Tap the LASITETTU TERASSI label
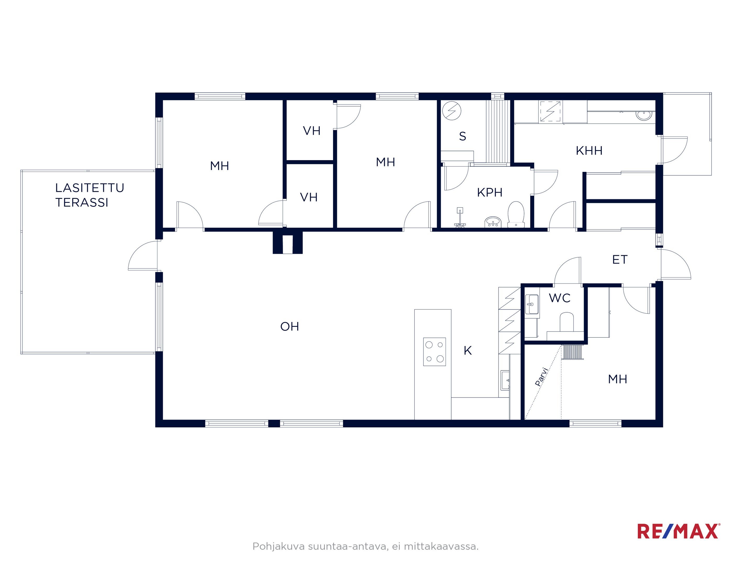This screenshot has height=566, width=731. coord(89,195)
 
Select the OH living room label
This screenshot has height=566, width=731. coord(290,326)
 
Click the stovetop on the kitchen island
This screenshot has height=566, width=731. coord(434,352)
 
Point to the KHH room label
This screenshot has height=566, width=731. coord(589,151)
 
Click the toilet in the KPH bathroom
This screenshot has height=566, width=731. coord(516,214)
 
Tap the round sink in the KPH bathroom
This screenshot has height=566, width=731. coord(493,222)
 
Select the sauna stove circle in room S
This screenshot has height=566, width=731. coord(452,111)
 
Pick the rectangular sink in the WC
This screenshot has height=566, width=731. coord(532,304)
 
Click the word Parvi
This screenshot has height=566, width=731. coord(541,377)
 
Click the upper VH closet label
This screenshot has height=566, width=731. coord(312,130)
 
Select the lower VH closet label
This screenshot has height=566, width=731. coord(309,197)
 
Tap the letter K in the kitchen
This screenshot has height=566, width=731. coord(468,350)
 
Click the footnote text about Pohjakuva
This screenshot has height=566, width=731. coord(365,547)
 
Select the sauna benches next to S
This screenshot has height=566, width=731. coord(498,131)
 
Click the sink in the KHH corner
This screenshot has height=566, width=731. coord(644,115)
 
